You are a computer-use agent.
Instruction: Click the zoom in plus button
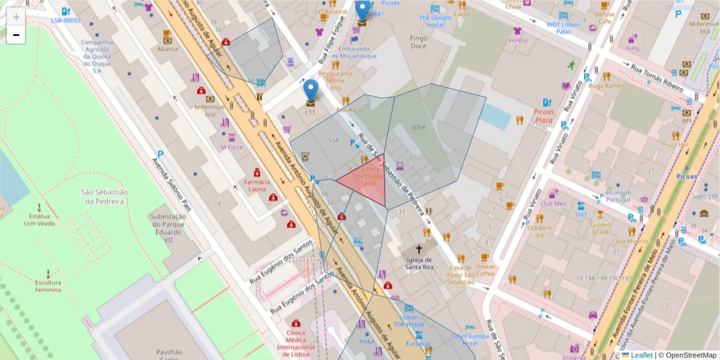16,17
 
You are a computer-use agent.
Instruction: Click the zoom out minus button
16,35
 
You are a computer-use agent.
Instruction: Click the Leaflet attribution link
641,355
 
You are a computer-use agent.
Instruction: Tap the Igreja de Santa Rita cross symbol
419,248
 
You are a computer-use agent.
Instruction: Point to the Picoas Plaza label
544,116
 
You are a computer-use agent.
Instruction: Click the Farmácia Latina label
257,185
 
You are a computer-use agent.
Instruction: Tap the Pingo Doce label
418,42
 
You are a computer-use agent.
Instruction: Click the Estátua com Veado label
40,220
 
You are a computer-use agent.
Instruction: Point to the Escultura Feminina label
48,286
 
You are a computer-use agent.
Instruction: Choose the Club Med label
553,203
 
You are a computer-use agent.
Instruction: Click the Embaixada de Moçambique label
358,52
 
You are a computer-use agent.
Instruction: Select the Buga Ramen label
604,86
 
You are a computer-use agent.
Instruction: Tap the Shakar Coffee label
486,270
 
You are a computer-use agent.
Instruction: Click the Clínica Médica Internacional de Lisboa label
296,340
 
